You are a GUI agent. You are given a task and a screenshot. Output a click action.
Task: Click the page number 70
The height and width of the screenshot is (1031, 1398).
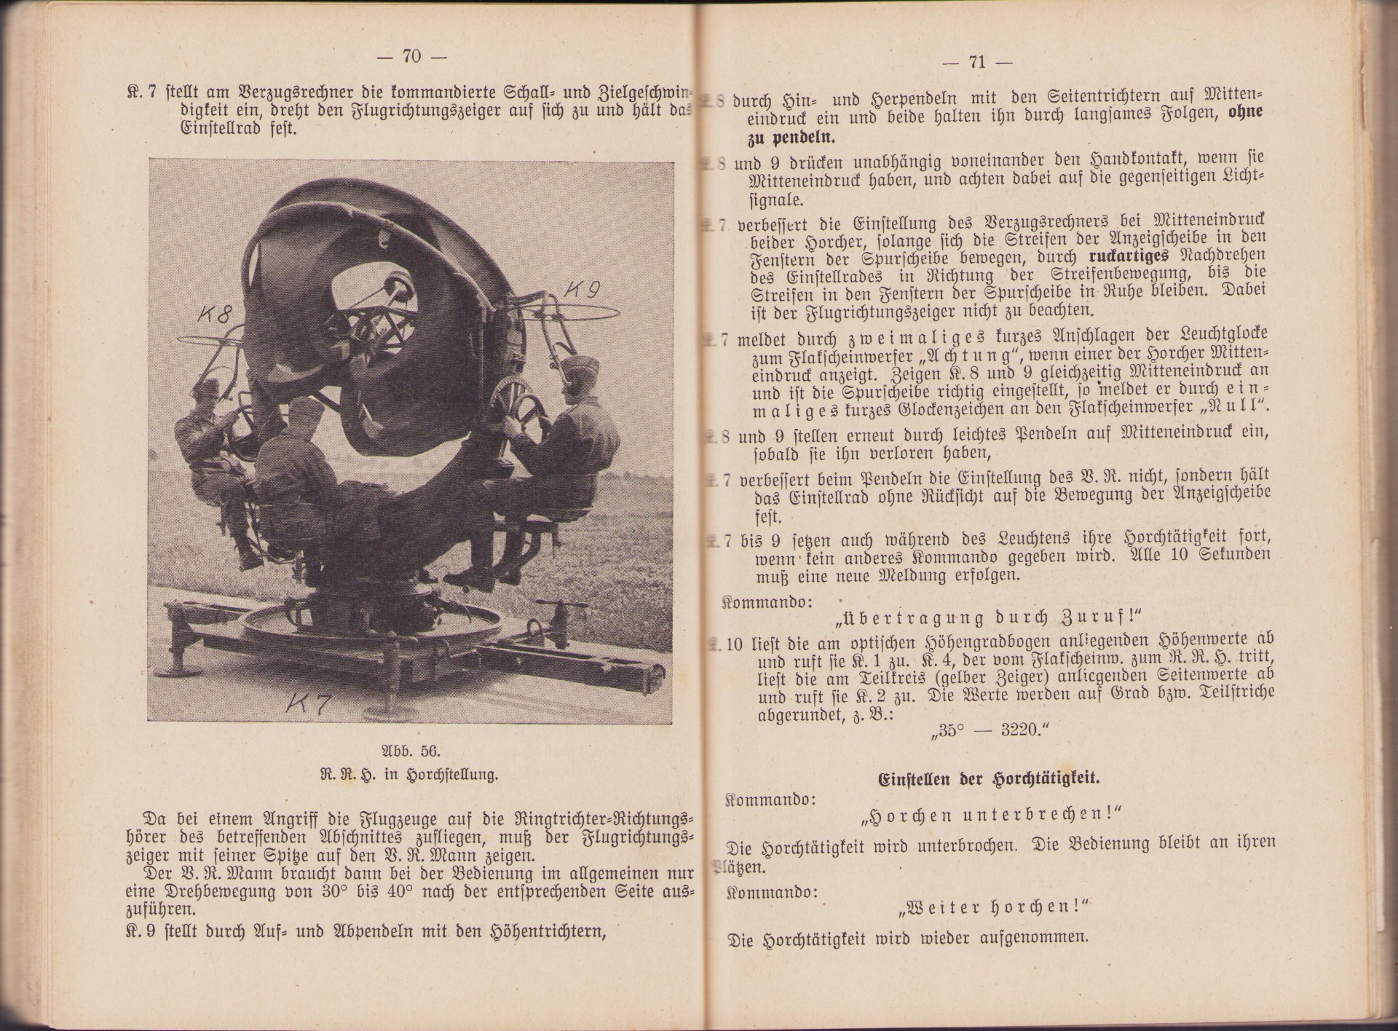pos(411,56)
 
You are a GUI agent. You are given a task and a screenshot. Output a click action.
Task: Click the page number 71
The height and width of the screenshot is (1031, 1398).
pos(976,62)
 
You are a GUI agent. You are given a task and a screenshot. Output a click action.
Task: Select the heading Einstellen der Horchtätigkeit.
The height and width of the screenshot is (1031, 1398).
pos(987,777)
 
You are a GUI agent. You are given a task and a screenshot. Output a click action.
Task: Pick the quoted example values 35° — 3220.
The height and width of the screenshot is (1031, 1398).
pos(987,730)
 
